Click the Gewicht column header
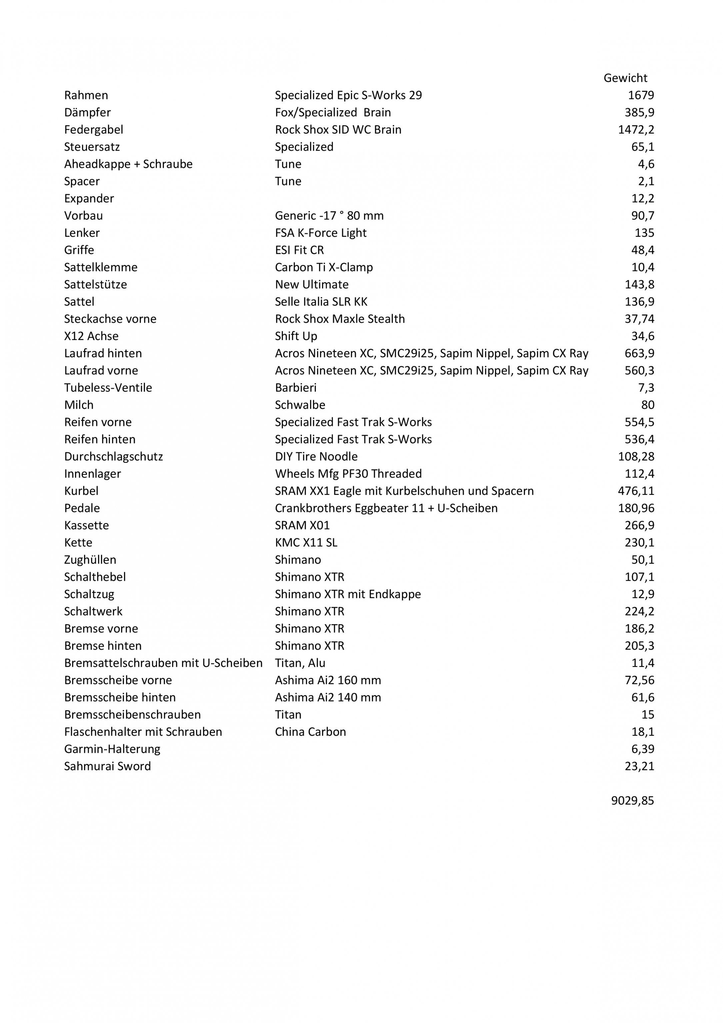625,78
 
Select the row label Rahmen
86,95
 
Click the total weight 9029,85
632,801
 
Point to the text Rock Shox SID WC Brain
338,130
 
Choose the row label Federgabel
94,130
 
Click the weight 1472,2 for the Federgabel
636,130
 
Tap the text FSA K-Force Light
321,233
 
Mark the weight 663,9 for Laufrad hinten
639,353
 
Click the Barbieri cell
296,388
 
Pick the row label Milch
79,405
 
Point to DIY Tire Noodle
316,457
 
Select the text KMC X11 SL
306,543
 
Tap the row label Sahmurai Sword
107,766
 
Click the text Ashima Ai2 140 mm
328,697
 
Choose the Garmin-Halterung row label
112,749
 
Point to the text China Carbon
310,732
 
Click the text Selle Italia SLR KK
321,302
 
